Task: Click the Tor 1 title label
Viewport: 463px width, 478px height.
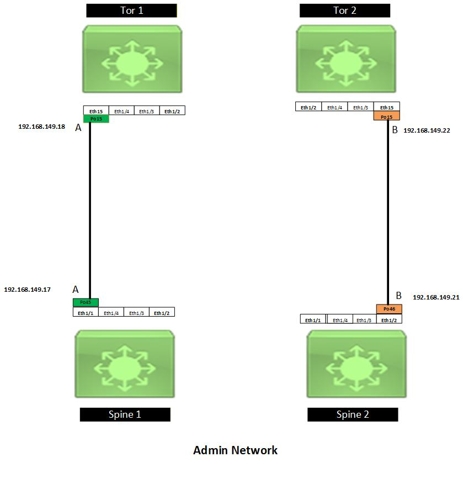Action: click(x=131, y=10)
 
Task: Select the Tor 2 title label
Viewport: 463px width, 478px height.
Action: click(x=345, y=10)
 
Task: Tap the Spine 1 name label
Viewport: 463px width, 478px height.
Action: click(x=125, y=414)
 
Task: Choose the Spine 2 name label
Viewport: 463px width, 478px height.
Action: click(x=353, y=414)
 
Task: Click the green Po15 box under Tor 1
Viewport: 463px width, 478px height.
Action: click(x=96, y=119)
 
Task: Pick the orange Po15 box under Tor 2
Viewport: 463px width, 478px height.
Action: click(x=386, y=117)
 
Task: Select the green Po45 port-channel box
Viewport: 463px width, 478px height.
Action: click(x=86, y=302)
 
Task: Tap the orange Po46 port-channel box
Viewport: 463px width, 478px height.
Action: click(x=389, y=309)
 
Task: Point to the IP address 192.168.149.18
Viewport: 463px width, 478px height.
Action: click(x=41, y=127)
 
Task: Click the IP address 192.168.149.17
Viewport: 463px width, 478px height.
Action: click(x=27, y=289)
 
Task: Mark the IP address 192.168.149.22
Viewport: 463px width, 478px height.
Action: click(x=427, y=130)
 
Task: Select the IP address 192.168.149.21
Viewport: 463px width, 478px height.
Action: click(x=436, y=297)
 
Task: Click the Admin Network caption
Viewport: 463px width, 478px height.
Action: click(x=235, y=450)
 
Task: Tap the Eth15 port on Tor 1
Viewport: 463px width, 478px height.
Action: click(x=96, y=111)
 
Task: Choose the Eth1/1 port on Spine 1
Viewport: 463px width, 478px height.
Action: click(x=86, y=313)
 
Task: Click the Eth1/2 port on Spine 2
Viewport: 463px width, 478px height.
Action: click(x=389, y=320)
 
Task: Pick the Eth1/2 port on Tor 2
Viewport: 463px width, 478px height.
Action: click(x=308, y=107)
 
